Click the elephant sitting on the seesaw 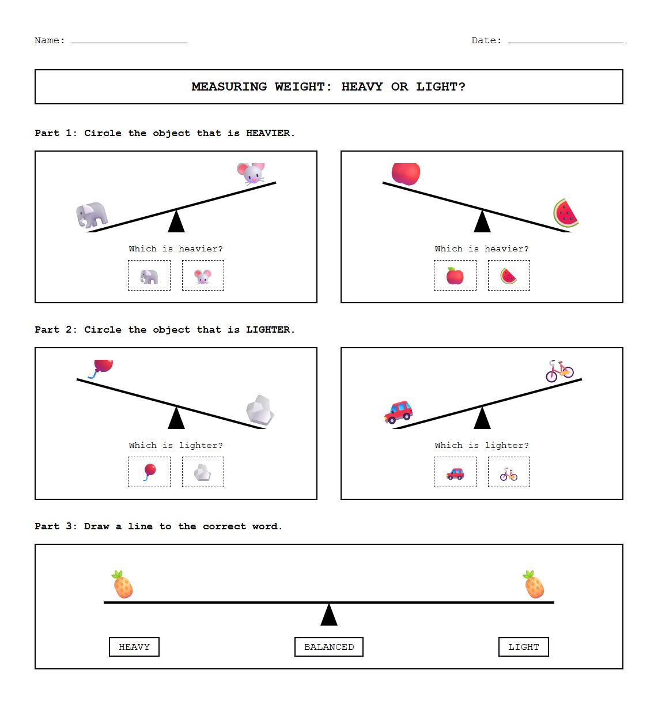click(92, 215)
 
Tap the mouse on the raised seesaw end click(251, 173)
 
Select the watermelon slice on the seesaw click(566, 213)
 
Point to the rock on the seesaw click(260, 411)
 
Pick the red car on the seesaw click(399, 412)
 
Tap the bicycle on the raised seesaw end click(559, 371)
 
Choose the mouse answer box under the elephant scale click(203, 276)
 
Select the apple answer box click(455, 276)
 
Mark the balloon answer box click(149, 472)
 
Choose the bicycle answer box click(509, 472)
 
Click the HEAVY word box click(134, 647)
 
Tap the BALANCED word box click(329, 647)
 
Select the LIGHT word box click(523, 647)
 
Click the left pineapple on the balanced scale click(123, 585)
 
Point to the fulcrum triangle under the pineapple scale click(329, 615)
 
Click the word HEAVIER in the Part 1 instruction click(268, 133)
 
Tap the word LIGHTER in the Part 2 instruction click(268, 330)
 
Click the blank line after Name click(129, 42)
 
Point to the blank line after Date click(565, 42)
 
